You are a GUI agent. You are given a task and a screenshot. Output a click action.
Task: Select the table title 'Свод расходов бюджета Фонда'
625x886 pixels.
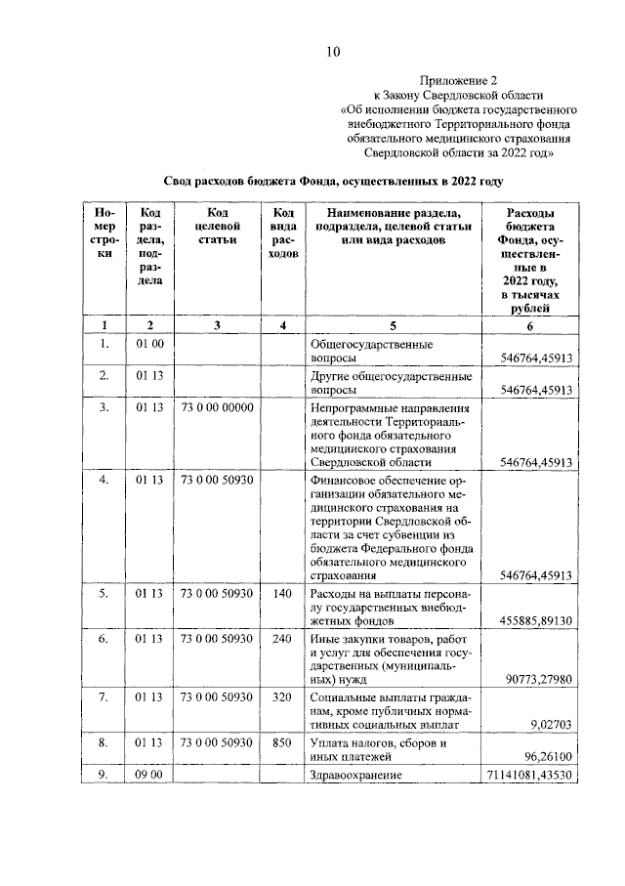click(332, 182)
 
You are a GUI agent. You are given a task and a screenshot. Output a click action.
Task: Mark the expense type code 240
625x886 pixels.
click(283, 638)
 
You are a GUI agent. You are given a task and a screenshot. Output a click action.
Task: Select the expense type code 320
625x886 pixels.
click(283, 697)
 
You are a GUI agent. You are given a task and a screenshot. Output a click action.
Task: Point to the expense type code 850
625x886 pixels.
click(283, 742)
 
